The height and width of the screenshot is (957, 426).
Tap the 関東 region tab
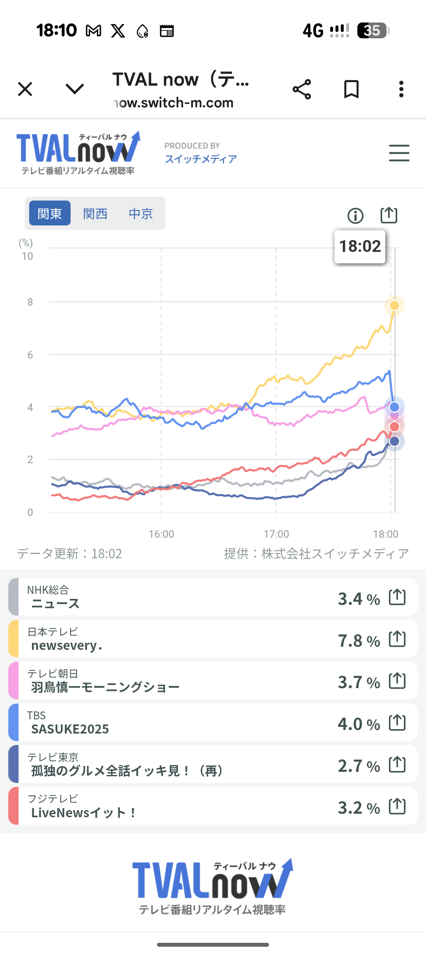pyautogui.click(x=50, y=213)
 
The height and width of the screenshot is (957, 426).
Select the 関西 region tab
pyautogui.click(x=95, y=213)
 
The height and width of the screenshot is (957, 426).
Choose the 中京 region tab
pyautogui.click(x=141, y=213)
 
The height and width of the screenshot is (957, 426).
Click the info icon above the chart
pyautogui.click(x=355, y=216)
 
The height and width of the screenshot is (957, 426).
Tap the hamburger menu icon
pyautogui.click(x=399, y=153)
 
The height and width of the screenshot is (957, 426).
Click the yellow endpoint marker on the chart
pyautogui.click(x=394, y=306)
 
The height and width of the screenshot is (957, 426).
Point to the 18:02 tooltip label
pyautogui.click(x=360, y=246)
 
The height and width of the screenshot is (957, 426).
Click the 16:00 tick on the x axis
pyautogui.click(x=161, y=534)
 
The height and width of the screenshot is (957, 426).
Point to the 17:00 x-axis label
pyautogui.click(x=276, y=534)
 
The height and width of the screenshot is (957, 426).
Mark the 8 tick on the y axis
pyautogui.click(x=30, y=302)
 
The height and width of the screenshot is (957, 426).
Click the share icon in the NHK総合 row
pyautogui.click(x=397, y=597)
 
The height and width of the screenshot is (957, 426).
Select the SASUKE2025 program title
pyautogui.click(x=70, y=729)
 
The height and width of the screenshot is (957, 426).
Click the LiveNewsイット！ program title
pyautogui.click(x=84, y=813)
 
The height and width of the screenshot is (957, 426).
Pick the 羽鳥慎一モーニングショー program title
pyautogui.click(x=105, y=687)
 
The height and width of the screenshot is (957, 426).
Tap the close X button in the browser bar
pyautogui.click(x=25, y=89)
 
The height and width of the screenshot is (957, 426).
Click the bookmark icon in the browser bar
pyautogui.click(x=351, y=89)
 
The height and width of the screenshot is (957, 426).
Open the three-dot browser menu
pyautogui.click(x=401, y=89)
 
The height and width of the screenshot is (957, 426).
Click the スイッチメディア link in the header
pyautogui.click(x=201, y=159)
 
